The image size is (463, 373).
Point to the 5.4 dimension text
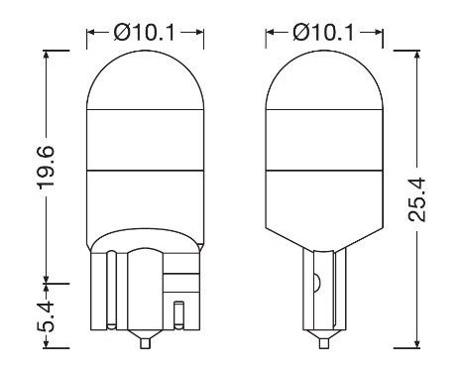click(x=43, y=317)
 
